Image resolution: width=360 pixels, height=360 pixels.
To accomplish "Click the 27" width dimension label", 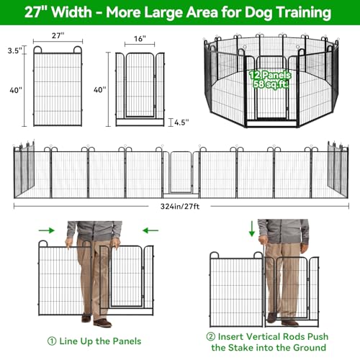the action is tap(58, 35).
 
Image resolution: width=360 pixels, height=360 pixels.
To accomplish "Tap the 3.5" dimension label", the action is tap(15, 50).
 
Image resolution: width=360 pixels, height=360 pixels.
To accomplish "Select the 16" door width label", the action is tap(140, 39).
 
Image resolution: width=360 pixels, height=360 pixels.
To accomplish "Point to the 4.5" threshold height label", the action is tap(181, 122).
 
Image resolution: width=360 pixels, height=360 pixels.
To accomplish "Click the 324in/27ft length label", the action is tap(180, 207).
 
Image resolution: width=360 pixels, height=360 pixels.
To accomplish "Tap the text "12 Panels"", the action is tap(270, 76).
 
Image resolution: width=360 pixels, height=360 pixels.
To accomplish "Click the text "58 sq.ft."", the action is tap(271, 84).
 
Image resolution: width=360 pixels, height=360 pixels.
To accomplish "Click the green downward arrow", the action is tap(252, 229).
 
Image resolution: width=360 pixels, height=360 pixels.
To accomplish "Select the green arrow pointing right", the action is tap(47, 230).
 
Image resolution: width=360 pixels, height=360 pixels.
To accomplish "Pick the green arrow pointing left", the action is tap(150, 230).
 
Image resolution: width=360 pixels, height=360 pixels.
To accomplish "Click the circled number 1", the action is tap(52, 341).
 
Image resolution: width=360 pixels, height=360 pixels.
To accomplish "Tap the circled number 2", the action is tap(210, 336).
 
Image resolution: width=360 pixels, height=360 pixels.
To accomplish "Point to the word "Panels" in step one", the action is tap(127, 341).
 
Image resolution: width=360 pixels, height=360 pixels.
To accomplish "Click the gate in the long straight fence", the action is tap(181, 172).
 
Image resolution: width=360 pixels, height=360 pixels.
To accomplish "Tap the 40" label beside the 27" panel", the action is tap(16, 90).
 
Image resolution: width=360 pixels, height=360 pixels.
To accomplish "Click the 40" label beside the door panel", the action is tap(99, 90).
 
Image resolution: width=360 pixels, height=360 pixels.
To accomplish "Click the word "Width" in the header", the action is tap(72, 12).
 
